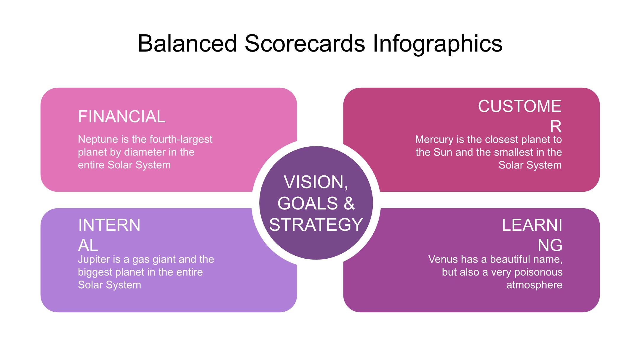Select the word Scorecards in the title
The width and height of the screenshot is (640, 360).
(x=305, y=44)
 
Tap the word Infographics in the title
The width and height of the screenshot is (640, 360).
(x=437, y=44)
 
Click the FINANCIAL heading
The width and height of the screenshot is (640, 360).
(x=122, y=116)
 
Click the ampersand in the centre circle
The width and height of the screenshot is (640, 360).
(x=349, y=203)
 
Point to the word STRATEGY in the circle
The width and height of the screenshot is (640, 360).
(x=316, y=224)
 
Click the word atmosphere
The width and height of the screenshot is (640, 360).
(x=534, y=285)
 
